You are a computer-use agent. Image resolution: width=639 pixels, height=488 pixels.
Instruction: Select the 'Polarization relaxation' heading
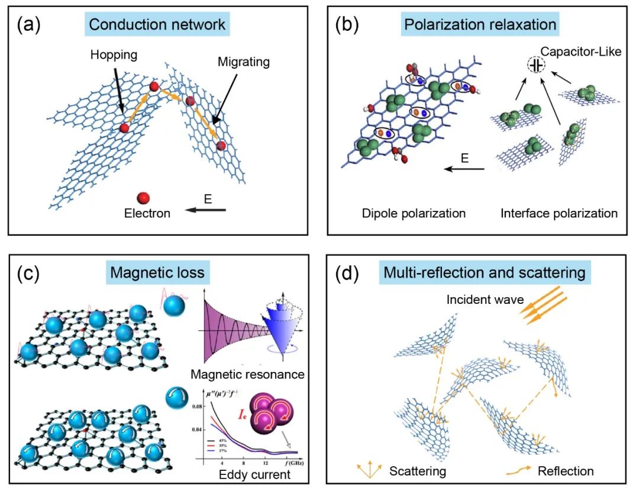point(480,25)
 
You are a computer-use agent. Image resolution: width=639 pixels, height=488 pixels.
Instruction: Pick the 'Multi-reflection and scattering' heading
point(484,272)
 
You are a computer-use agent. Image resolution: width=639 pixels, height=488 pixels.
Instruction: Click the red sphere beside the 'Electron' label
point(143,197)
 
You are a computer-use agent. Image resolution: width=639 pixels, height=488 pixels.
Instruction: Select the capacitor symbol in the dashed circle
point(537,65)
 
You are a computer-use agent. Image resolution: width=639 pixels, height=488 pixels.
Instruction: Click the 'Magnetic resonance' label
point(247,374)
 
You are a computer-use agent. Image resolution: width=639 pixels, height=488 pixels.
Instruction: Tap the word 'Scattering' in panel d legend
point(418,471)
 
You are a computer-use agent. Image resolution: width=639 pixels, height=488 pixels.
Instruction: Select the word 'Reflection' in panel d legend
point(566,471)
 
